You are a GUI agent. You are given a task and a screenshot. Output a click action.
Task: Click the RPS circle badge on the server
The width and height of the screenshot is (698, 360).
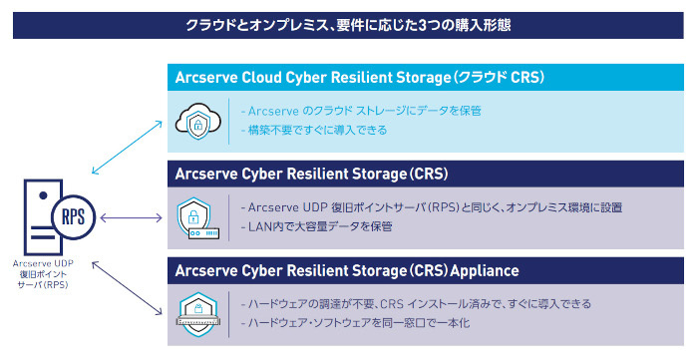click(x=74, y=217)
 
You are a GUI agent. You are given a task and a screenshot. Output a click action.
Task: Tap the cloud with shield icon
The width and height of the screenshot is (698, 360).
click(x=198, y=122)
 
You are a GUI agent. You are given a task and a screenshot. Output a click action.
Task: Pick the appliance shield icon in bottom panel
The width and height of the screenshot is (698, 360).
click(x=197, y=315)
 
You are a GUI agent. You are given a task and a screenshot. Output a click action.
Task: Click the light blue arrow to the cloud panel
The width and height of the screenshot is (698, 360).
click(x=127, y=148)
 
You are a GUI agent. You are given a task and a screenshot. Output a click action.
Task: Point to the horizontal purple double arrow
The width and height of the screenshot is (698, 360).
click(x=132, y=217)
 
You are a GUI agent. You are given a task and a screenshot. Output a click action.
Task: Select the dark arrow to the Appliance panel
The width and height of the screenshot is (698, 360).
click(x=127, y=288)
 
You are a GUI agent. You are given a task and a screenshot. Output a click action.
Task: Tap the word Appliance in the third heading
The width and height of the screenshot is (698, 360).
click(x=485, y=270)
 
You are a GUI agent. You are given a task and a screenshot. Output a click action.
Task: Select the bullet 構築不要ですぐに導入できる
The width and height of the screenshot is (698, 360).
click(x=314, y=130)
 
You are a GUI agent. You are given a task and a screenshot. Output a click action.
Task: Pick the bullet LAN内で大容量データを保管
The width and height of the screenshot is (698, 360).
click(x=316, y=226)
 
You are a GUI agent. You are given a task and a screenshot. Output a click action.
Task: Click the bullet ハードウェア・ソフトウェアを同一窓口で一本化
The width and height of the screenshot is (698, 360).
click(x=355, y=323)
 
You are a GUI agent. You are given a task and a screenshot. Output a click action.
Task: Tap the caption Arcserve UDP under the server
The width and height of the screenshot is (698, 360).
click(x=43, y=263)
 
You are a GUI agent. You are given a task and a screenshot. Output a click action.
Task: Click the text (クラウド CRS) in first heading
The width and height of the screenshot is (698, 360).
click(x=499, y=78)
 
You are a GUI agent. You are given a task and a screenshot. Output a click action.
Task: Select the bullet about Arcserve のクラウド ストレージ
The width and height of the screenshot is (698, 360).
click(x=361, y=111)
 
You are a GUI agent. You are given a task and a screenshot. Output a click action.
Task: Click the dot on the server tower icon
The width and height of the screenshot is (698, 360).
click(x=43, y=195)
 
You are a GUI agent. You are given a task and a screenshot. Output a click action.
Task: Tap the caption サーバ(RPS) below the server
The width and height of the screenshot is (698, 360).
click(x=43, y=285)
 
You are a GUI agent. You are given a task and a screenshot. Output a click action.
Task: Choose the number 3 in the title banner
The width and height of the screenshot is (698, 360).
click(x=423, y=25)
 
